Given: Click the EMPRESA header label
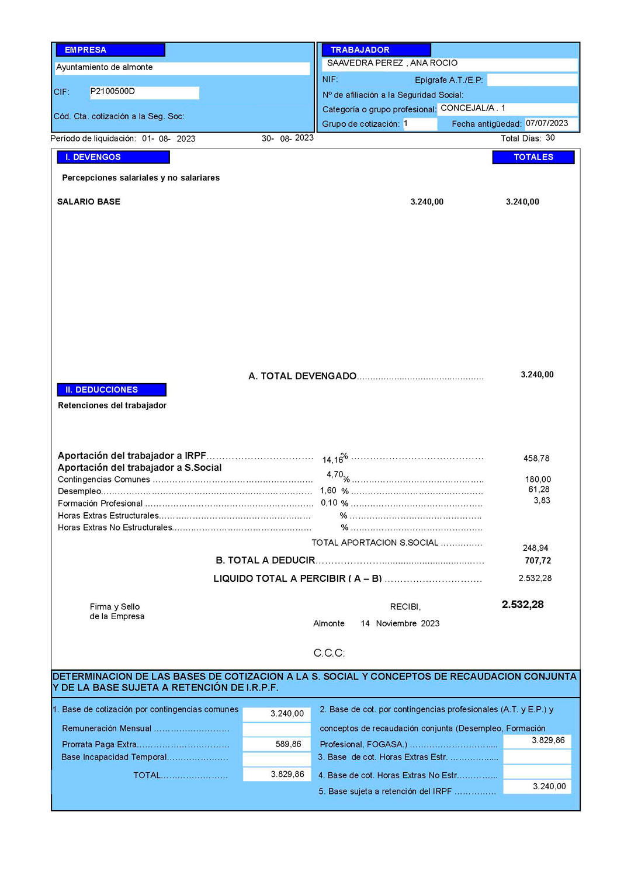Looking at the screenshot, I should point(85,50).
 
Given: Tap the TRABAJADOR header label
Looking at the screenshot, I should point(360,50).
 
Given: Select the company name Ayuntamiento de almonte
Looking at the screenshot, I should point(105,67).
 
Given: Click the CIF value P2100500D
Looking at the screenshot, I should point(113,91).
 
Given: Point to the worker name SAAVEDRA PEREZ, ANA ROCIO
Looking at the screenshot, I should point(392,63).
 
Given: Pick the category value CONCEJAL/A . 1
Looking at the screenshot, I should point(473,108).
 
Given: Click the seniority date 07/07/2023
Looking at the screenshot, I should point(547,123).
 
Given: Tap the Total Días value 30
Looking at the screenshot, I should point(550,138).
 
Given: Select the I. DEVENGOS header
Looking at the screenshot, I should point(93,157).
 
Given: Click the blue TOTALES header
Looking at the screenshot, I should point(533,157).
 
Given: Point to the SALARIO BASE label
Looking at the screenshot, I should point(89,202).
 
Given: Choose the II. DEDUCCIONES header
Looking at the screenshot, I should point(102,390).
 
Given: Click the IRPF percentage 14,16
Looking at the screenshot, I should point(332,460).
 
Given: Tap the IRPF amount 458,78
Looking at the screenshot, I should point(536,459).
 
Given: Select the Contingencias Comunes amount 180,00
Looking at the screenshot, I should point(538,480).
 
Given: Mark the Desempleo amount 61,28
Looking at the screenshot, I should point(539,490).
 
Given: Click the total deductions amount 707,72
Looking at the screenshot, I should point(538,561).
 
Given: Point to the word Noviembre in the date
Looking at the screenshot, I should point(397,624).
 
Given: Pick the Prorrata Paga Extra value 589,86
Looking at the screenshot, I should point(288,744).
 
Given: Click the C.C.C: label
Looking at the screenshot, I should point(330,653).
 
